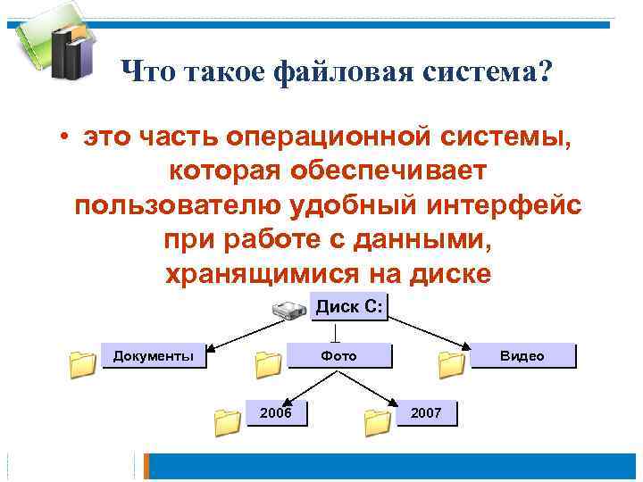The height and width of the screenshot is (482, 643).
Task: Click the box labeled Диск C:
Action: (x=349, y=308)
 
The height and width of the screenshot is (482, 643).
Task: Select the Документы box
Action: (x=154, y=356)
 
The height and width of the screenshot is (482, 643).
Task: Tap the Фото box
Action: (x=338, y=356)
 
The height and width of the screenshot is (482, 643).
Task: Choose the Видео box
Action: (x=522, y=356)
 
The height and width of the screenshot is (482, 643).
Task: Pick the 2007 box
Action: (x=425, y=412)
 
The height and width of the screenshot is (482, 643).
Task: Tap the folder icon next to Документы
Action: (x=82, y=363)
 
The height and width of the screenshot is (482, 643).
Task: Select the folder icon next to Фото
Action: (x=267, y=363)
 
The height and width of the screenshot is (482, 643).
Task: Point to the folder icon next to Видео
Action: (x=451, y=363)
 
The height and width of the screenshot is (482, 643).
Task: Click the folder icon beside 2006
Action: (x=229, y=420)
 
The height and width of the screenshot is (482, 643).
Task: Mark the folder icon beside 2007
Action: (x=378, y=420)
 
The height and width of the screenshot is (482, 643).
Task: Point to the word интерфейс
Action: (x=499, y=206)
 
